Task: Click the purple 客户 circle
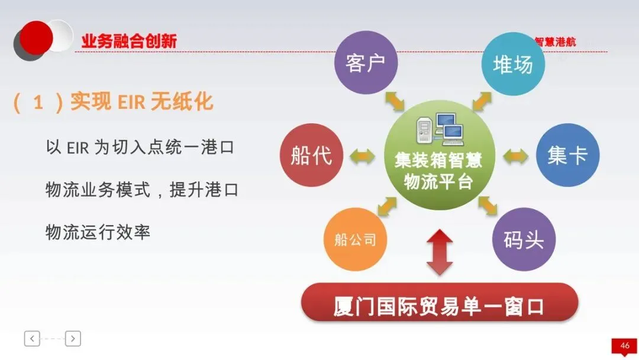[366, 62]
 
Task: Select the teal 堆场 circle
[513, 64]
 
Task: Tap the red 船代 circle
[311, 155]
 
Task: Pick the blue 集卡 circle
[567, 155]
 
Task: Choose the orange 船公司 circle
[355, 239]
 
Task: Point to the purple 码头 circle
[524, 239]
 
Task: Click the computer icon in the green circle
[440, 129]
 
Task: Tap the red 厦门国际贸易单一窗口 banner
[439, 303]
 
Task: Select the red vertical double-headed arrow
[439, 252]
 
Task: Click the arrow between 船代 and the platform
[362, 156]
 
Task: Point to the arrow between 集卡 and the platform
[515, 156]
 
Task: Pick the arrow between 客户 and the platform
[395, 101]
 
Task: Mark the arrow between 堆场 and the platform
[482, 101]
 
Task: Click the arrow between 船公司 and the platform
[387, 206]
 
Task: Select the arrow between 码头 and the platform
[488, 205]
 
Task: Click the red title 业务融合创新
[129, 41]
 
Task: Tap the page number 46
[625, 346]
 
